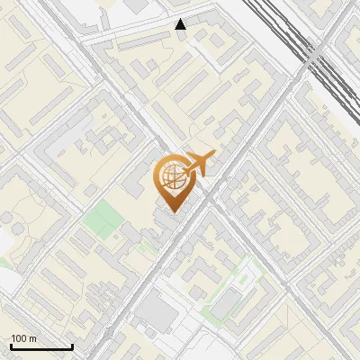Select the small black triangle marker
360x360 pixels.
(181, 24)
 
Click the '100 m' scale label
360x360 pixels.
(23, 338)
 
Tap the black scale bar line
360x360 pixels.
(41, 346)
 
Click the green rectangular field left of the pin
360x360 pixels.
(103, 217)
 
